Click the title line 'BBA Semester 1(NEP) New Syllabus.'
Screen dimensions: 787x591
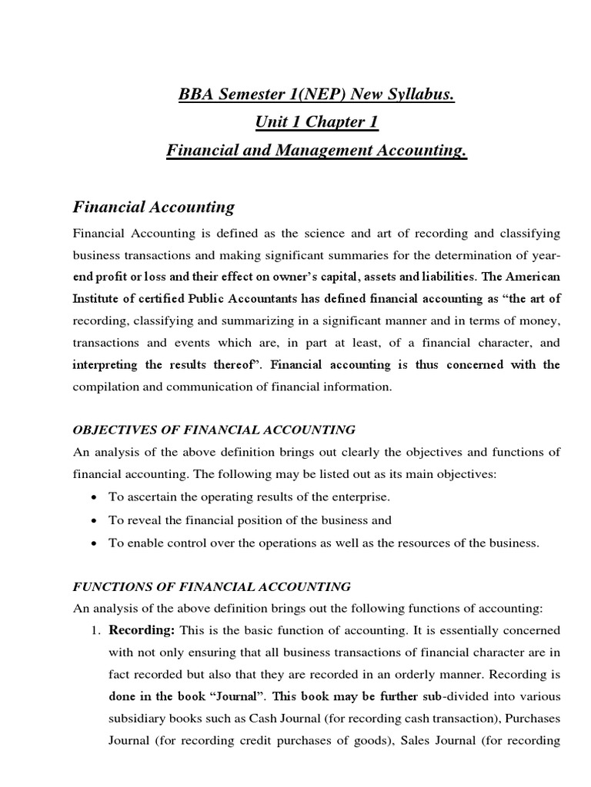pos(316,95)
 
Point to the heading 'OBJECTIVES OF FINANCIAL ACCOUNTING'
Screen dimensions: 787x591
pos(214,430)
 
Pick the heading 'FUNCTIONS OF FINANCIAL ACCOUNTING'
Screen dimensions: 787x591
pos(212,586)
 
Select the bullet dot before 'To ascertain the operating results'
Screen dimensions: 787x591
pos(93,498)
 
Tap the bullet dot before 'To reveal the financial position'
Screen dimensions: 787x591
pos(93,520)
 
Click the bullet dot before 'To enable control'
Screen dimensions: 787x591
pos(93,543)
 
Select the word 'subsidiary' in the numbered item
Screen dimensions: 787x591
pos(137,719)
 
